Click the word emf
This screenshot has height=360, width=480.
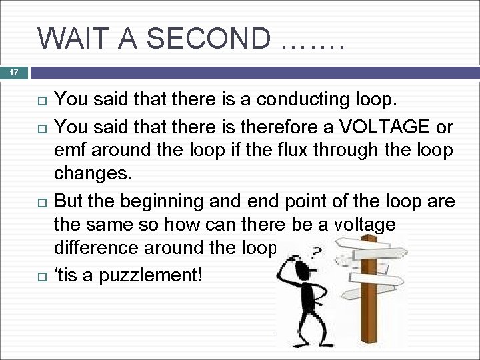(x=72, y=151)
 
